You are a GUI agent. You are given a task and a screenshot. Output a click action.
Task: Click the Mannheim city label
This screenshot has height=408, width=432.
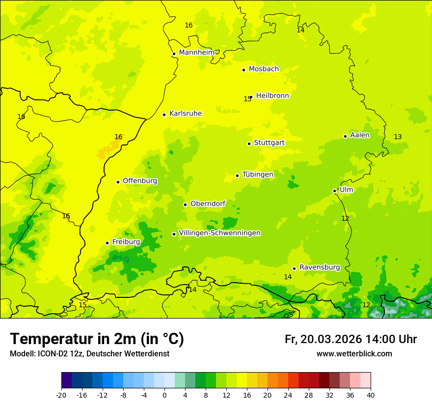(196, 53)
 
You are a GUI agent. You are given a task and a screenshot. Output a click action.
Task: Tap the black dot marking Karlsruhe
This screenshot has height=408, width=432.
(164, 115)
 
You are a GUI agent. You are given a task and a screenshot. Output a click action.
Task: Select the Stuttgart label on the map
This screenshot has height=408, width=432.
(269, 143)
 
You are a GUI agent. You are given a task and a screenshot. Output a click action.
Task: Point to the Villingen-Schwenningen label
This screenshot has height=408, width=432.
(219, 233)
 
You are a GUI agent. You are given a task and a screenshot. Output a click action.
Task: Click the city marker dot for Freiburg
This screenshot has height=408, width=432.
(107, 243)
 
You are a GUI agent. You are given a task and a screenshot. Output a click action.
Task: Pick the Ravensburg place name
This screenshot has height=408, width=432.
(319, 267)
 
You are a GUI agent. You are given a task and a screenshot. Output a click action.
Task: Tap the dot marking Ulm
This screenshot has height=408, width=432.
(334, 191)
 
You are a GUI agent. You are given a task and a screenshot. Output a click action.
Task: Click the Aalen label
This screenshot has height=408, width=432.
(359, 135)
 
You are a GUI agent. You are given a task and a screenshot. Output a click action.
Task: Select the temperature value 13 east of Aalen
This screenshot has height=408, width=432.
(398, 137)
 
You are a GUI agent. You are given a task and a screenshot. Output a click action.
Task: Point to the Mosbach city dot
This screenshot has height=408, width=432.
(243, 70)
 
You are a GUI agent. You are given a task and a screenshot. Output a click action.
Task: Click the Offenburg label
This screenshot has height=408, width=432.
(140, 181)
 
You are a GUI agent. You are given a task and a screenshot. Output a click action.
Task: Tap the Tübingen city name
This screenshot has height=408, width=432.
(257, 175)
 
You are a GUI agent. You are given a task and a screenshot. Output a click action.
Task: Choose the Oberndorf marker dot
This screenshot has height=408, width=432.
(185, 204)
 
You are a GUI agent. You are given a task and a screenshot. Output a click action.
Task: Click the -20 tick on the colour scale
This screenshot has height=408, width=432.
(61, 395)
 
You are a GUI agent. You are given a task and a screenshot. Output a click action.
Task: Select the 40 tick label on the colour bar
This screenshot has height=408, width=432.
(370, 395)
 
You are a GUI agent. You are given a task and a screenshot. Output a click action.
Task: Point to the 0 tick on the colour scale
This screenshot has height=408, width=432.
(164, 395)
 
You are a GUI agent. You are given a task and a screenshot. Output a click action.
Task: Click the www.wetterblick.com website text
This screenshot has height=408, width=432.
(354, 354)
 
